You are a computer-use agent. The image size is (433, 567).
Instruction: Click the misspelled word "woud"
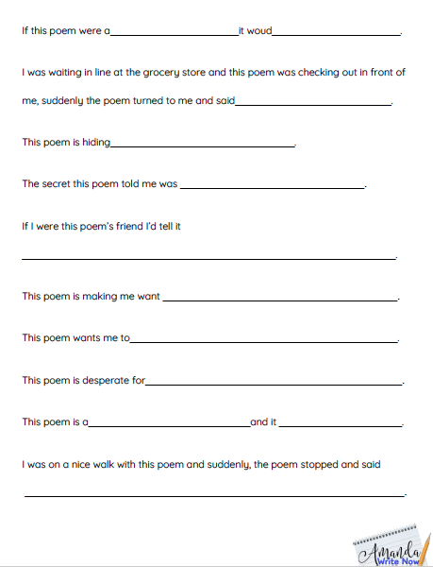259,30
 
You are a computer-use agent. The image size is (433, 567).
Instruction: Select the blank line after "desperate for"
274,384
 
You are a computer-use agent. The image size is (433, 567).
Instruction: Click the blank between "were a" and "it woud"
175,34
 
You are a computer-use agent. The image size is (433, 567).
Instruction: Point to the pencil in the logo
425,546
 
